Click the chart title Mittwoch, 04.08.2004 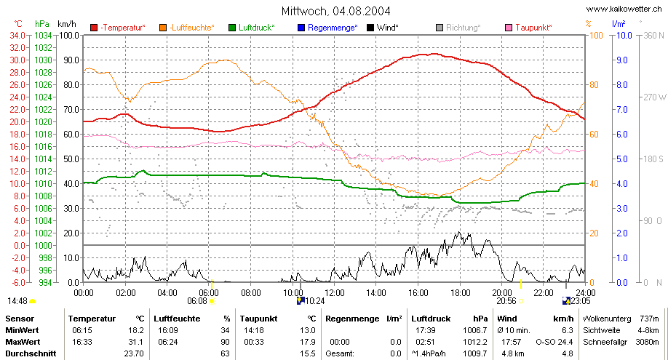tap(335, 11)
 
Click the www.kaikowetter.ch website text tap(624, 9)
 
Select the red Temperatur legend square tap(94, 28)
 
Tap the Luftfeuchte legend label tap(192, 28)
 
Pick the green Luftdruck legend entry tap(252, 28)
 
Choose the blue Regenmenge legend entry tap(327, 28)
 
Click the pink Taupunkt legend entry tap(528, 28)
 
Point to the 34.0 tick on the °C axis tap(17, 36)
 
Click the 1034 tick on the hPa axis tap(43, 36)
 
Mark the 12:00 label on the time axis tap(335, 293)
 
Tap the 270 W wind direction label tap(654, 97)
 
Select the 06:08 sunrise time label tap(196, 301)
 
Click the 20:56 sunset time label tap(506, 301)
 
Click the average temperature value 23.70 tap(135, 353)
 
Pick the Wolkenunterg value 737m tap(649, 319)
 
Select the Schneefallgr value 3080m tap(647, 342)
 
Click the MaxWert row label tap(23, 342)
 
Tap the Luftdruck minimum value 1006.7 tap(475, 331)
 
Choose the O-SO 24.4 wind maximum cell tap(554, 342)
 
